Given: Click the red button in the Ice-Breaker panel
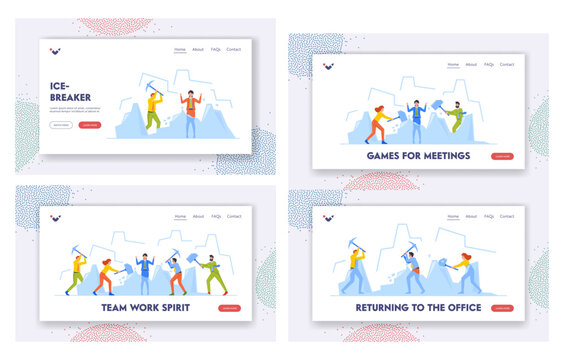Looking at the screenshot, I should click(x=90, y=125).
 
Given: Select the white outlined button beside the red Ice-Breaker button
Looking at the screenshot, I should click(x=60, y=125).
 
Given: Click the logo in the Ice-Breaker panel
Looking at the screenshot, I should click(x=55, y=50).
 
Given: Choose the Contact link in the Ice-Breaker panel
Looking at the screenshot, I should click(x=234, y=49).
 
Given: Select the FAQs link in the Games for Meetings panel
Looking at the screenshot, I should click(x=489, y=64).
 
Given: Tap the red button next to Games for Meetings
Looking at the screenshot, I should click(x=502, y=156).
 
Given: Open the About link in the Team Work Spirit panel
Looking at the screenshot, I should click(x=198, y=216).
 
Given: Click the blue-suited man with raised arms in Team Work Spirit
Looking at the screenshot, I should click(x=144, y=271).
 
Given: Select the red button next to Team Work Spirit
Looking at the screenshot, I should click(x=230, y=308).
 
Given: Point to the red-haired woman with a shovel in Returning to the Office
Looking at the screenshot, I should click(x=466, y=273).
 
